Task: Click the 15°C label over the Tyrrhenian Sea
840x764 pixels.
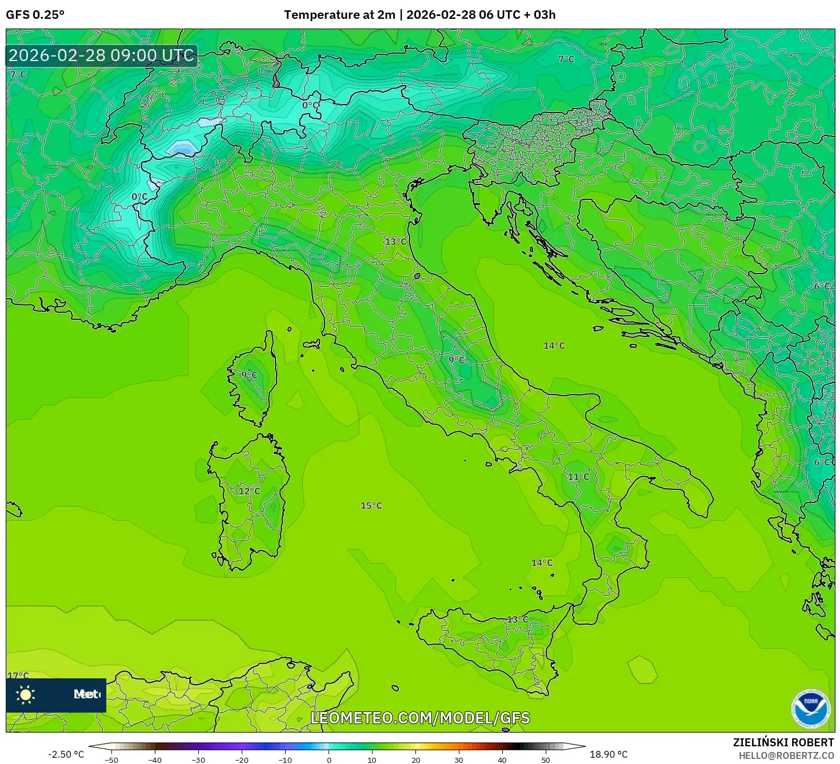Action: coord(371,505)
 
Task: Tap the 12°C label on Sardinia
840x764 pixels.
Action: coord(249,491)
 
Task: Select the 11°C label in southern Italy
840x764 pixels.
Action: coord(578,477)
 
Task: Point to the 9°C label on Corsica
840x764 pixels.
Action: coord(249,375)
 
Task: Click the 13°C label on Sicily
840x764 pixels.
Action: coord(518,620)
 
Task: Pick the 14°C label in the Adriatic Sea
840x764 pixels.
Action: coord(554,345)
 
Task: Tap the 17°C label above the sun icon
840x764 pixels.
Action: coord(18,675)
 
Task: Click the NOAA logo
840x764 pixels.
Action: coord(810,709)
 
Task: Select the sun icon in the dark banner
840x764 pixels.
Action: coord(26,694)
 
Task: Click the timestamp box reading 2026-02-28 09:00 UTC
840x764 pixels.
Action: coord(102,55)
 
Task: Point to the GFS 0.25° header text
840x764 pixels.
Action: coord(35,15)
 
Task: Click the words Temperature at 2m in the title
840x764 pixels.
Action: coord(339,15)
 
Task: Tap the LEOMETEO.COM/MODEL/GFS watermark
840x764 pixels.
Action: coord(420,718)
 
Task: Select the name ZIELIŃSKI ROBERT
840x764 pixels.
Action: coord(783,742)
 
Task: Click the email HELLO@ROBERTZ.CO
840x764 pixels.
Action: coord(786,755)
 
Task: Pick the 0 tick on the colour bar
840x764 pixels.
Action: coord(329,759)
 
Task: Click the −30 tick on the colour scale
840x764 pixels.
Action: coord(198,759)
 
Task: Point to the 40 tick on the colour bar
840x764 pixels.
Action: coord(502,759)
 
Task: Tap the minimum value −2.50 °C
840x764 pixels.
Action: coord(66,754)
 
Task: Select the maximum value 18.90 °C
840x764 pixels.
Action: coord(609,754)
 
